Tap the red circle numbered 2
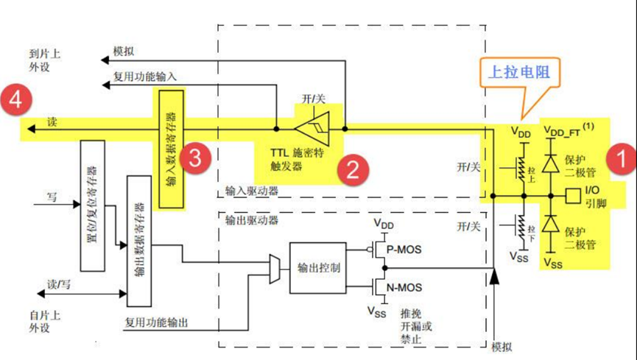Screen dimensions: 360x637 click(353, 170)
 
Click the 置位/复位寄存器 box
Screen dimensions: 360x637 click(91, 202)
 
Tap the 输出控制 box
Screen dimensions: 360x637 click(317, 267)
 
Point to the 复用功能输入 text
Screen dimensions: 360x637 click(144, 76)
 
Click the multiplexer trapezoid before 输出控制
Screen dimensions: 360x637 click(275, 267)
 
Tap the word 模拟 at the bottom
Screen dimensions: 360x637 click(501, 346)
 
